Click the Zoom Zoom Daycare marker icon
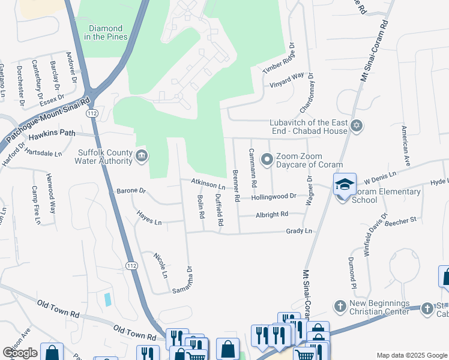[x=267, y=160]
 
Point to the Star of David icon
[x=357, y=127]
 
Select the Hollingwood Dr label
[x=274, y=196]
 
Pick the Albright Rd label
[x=272, y=214]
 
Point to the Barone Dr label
[x=131, y=191]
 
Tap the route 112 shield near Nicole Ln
[x=132, y=265]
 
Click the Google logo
[x=20, y=353]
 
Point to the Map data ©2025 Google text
[x=412, y=355]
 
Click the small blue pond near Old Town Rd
[x=107, y=299]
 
